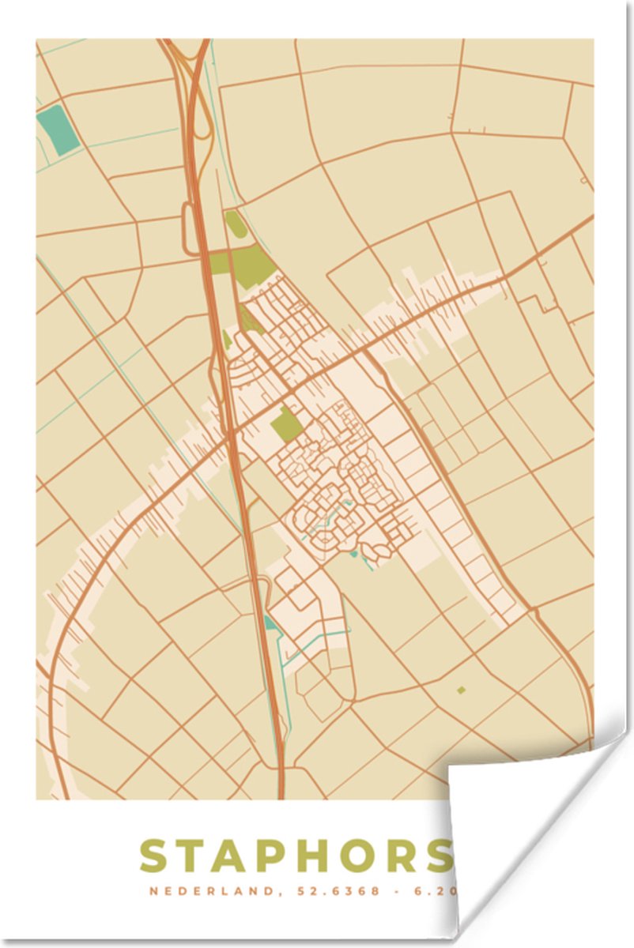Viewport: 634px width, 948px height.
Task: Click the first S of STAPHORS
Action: click(x=154, y=856)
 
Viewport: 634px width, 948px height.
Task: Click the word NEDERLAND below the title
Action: click(x=208, y=892)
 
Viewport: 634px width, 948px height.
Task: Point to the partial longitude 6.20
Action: click(x=427, y=892)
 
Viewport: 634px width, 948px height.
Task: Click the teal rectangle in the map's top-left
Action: click(x=58, y=130)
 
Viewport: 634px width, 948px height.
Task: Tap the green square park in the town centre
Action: click(x=286, y=425)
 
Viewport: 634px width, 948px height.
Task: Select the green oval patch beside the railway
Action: click(x=235, y=224)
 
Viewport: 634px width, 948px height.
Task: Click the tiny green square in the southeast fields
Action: click(x=461, y=690)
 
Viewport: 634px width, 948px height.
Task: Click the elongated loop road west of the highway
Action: click(x=191, y=229)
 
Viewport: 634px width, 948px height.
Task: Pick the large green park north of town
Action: click(x=251, y=264)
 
